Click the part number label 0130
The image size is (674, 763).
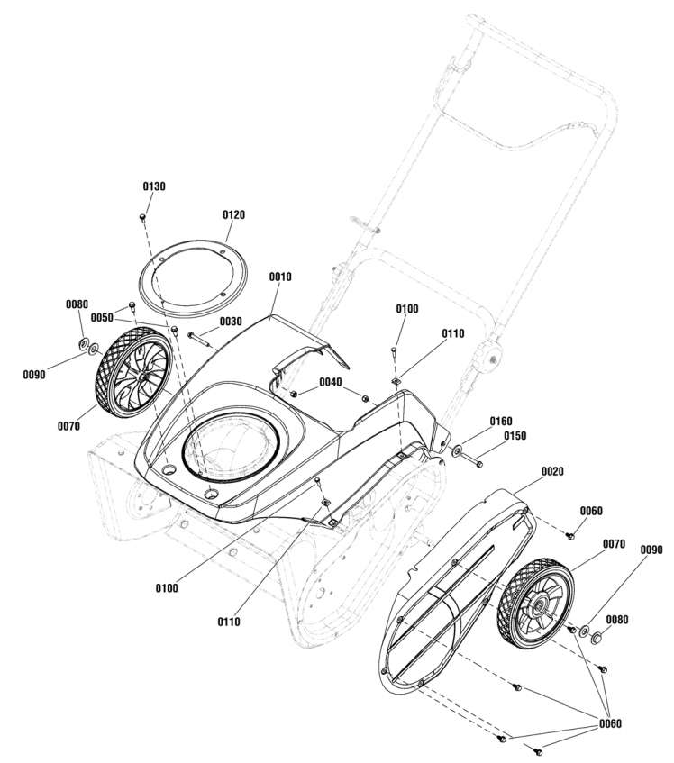pyautogui.click(x=154, y=186)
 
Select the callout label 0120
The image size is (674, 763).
pyautogui.click(x=233, y=215)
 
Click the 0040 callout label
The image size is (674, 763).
pyautogui.click(x=330, y=382)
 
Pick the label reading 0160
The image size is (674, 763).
pyautogui.click(x=501, y=421)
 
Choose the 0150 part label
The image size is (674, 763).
pyautogui.click(x=515, y=436)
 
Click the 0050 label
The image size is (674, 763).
pyautogui.click(x=102, y=319)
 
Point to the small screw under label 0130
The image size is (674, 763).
pyautogui.click(x=143, y=217)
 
